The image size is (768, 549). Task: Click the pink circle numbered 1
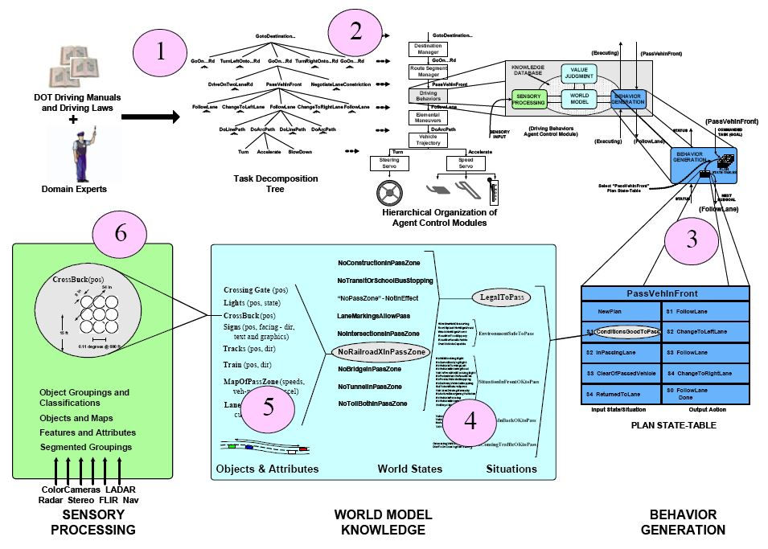point(161,51)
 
